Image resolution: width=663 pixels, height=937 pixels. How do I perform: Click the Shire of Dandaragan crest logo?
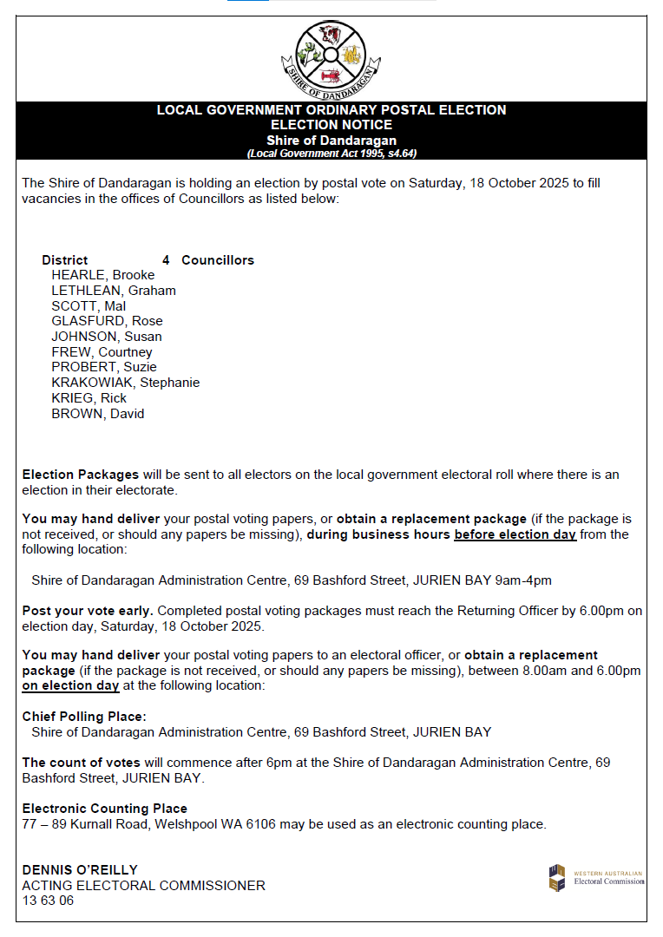pyautogui.click(x=331, y=58)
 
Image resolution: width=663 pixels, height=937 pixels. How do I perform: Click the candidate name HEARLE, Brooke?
pyautogui.click(x=102, y=275)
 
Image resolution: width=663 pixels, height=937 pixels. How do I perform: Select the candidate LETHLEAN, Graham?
pyautogui.click(x=113, y=291)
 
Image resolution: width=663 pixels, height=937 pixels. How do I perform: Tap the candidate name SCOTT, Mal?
pyautogui.click(x=89, y=306)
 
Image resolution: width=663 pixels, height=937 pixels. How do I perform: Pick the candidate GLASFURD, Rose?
pyautogui.click(x=107, y=321)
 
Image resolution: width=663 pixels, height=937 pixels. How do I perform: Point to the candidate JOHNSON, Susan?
pyautogui.click(x=106, y=337)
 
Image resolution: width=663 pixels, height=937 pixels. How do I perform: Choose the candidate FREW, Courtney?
pyautogui.click(x=102, y=352)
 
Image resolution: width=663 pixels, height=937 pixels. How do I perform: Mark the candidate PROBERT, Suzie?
pyautogui.click(x=104, y=367)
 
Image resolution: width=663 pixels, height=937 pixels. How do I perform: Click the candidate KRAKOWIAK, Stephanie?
pyautogui.click(x=125, y=383)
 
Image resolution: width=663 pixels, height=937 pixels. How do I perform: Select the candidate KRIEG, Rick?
pyautogui.click(x=89, y=398)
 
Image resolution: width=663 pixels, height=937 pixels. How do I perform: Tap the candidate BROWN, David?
pyautogui.click(x=97, y=414)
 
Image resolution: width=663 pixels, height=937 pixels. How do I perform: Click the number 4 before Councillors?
pyautogui.click(x=166, y=260)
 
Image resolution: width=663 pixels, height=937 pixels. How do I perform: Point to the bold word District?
pyautogui.click(x=65, y=260)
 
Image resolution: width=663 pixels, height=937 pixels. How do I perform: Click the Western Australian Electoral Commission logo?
pyautogui.click(x=596, y=877)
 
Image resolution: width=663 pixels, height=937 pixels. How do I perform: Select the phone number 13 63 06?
pyautogui.click(x=48, y=901)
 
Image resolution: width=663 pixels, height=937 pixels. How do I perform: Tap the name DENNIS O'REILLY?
pyautogui.click(x=80, y=870)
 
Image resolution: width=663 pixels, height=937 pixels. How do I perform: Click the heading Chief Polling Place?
pyautogui.click(x=84, y=717)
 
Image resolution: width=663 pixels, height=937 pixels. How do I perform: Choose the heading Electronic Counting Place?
pyautogui.click(x=104, y=809)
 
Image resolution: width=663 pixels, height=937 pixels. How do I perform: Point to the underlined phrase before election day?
pyautogui.click(x=515, y=534)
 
